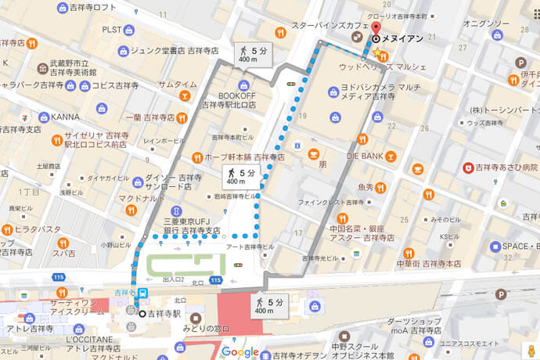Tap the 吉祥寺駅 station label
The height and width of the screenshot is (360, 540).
point(165,314)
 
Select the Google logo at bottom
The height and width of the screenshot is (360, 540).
point(239,351)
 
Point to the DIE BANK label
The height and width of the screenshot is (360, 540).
point(365,156)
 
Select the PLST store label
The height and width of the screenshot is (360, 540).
point(111,30)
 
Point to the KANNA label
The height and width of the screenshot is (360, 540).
point(64,117)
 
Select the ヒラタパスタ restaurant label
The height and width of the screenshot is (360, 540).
point(37,230)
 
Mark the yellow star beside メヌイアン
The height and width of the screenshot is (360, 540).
point(379,53)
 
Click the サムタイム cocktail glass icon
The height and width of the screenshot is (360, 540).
point(183,95)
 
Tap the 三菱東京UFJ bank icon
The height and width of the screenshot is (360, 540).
point(176,211)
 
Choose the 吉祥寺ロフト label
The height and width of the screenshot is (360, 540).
point(93,8)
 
